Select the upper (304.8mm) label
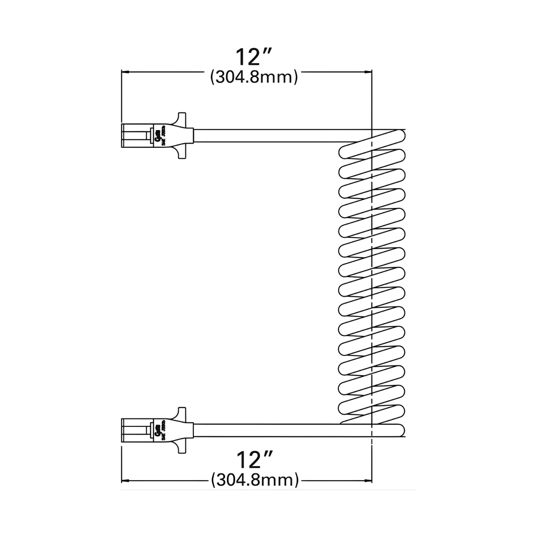254,77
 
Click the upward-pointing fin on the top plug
181,118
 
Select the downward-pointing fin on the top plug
181,154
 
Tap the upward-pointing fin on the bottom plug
181,413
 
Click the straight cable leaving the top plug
272,136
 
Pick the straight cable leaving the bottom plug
272,431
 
